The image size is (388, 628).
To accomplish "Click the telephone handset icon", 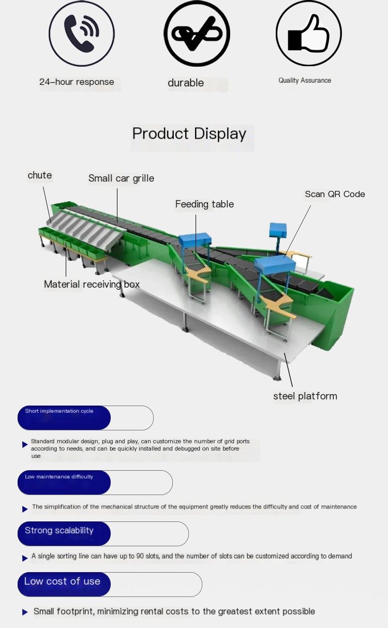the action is (x=81, y=33).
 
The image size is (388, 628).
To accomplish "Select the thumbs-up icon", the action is (x=308, y=33).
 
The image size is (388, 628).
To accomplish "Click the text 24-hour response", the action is (x=77, y=82).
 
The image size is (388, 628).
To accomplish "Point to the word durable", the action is (x=186, y=83).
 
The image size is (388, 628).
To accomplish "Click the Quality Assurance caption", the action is (x=305, y=81).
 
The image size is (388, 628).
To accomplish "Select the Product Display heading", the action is (x=189, y=134).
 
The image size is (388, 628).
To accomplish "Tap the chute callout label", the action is (x=39, y=175).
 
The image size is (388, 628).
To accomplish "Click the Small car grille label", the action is (x=121, y=178).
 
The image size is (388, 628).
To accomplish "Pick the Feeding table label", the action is (x=204, y=204).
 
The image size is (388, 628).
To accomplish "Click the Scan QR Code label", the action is (x=335, y=194).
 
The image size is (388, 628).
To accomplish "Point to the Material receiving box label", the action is (x=92, y=285).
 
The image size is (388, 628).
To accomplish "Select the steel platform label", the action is (x=305, y=396).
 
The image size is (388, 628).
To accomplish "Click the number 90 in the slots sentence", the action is (x=140, y=556).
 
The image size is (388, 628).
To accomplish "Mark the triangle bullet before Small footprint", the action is (x=25, y=612).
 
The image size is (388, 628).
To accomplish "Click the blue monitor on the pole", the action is (x=278, y=230).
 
